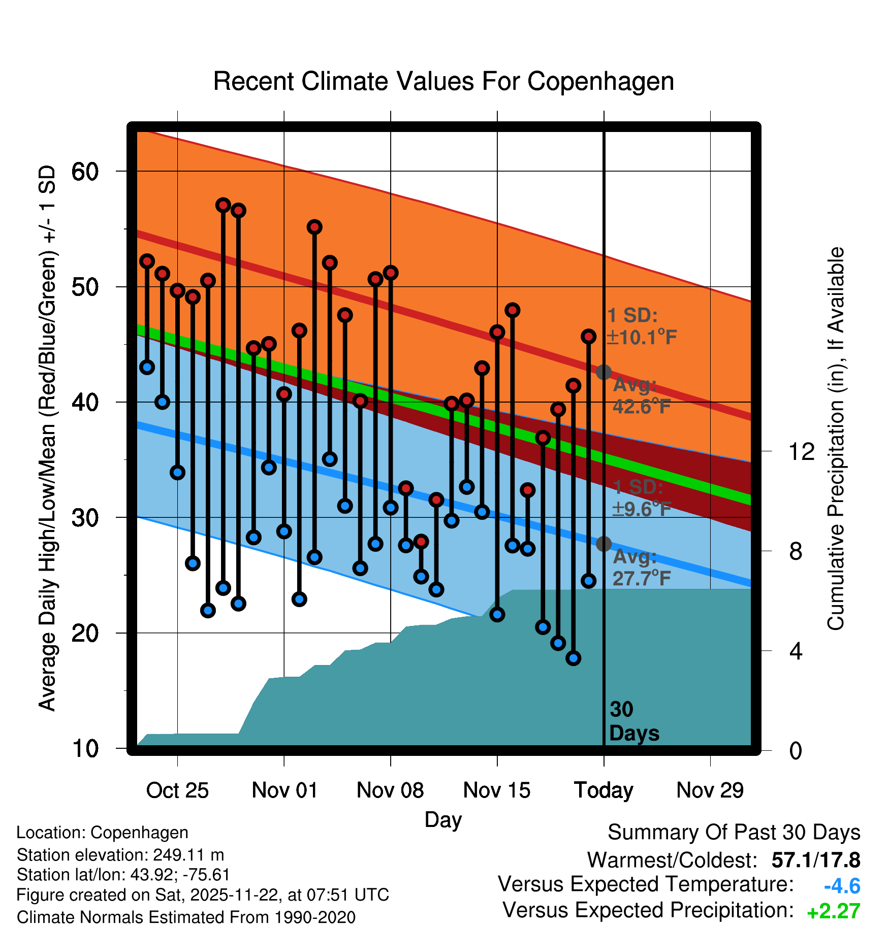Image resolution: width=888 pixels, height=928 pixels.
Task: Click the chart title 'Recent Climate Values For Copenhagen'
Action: (443, 81)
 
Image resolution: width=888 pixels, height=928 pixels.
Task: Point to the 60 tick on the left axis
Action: (85, 172)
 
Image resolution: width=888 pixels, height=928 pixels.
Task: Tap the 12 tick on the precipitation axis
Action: (802, 451)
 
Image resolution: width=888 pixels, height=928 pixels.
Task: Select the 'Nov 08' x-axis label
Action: (390, 790)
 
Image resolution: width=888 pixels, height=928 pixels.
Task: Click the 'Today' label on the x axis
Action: (604, 790)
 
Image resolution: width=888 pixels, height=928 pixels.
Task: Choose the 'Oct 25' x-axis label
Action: (177, 790)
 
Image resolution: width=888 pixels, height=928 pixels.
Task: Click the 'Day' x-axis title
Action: (443, 819)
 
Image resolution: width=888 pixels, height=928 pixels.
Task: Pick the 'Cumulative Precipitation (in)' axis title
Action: (835, 439)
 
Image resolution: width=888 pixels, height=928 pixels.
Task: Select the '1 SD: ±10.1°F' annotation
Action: (642, 326)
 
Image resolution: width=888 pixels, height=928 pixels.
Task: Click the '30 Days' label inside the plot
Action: (633, 721)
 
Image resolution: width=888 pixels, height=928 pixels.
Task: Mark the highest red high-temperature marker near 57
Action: (223, 205)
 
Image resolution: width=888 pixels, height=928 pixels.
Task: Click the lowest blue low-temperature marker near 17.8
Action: (574, 658)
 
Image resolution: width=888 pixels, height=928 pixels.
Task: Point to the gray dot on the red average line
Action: (604, 372)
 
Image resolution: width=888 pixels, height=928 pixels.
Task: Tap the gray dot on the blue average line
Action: (604, 544)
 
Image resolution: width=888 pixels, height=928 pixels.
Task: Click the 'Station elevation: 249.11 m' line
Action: (120, 855)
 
